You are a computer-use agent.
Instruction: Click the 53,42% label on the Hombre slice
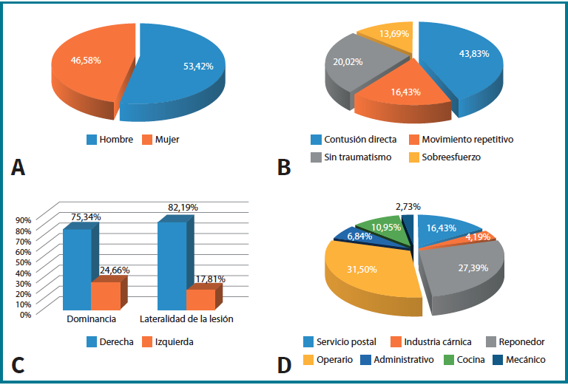click(198, 66)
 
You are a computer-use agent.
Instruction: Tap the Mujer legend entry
click(167, 139)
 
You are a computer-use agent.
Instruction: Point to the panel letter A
click(19, 168)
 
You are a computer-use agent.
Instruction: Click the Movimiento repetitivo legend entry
click(461, 139)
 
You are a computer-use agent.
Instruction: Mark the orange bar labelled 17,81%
click(200, 299)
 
